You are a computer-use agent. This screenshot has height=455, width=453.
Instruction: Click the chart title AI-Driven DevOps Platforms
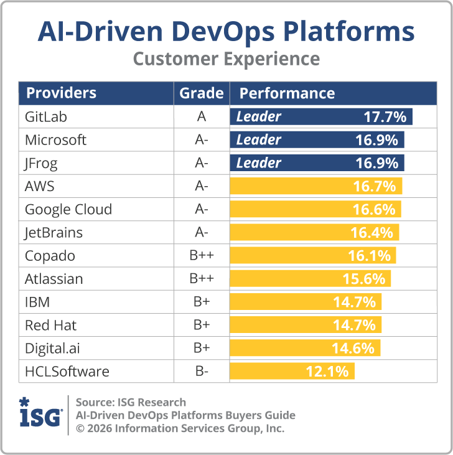coord(226,30)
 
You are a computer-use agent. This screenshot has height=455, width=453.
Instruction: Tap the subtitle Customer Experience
coord(226,59)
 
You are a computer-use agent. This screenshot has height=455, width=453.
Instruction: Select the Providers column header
coord(61,93)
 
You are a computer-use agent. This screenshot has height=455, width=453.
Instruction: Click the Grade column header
coord(201,93)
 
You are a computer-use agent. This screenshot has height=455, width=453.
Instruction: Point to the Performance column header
coord(287,93)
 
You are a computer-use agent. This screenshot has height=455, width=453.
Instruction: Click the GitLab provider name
coord(45,116)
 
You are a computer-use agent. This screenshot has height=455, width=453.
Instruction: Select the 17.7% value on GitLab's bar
coord(385,116)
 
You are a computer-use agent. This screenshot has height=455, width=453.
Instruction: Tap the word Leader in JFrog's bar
coord(258,163)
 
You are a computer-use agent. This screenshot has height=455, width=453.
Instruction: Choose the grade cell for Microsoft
coord(201,140)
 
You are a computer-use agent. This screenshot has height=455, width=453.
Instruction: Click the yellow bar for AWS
coord(316,186)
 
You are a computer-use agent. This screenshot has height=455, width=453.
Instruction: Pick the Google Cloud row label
coord(68,209)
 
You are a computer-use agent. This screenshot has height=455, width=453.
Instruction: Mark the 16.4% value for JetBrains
coord(372,233)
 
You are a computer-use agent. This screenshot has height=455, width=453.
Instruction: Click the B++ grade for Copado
coord(201,256)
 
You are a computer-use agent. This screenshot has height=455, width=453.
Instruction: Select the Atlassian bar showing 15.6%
coord(311,279)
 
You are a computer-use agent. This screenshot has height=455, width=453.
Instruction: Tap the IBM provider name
coord(37,302)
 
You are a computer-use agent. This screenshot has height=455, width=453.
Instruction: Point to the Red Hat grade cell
coord(201,325)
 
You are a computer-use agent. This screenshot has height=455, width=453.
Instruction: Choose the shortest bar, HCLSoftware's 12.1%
coord(292,372)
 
